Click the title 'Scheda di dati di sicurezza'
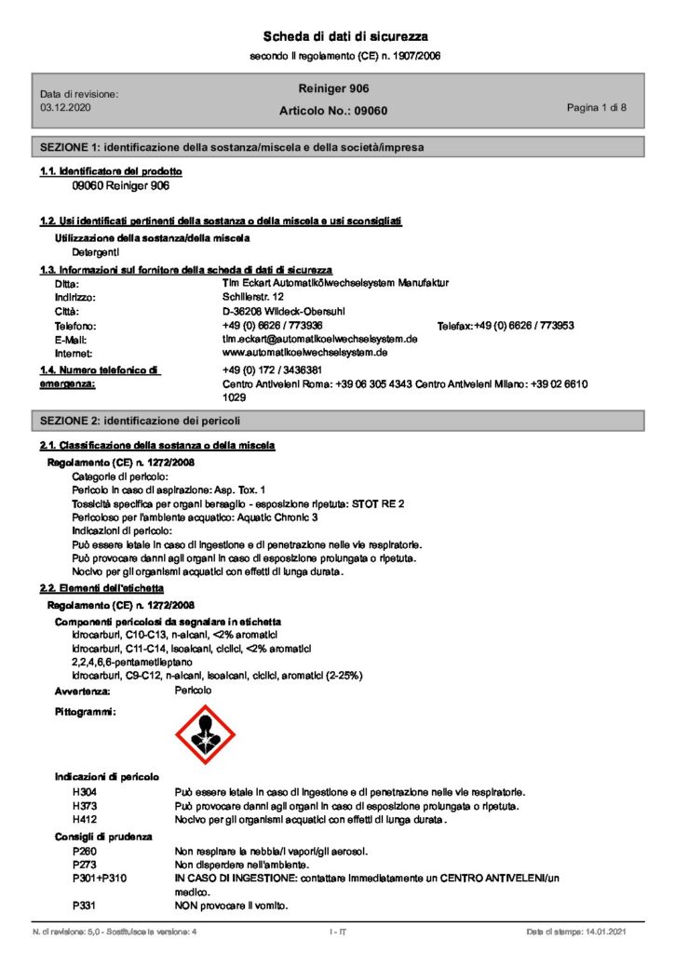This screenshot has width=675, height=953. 345,36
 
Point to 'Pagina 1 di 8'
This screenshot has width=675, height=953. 596,108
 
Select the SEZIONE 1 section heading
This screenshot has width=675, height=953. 234,147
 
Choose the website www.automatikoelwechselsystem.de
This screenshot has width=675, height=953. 305,354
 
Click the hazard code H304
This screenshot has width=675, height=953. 85,791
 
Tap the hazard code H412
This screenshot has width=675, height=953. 85,819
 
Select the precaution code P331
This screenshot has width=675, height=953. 84,905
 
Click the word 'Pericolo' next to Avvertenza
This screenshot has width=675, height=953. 194,691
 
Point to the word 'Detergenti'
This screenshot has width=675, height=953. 97,251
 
